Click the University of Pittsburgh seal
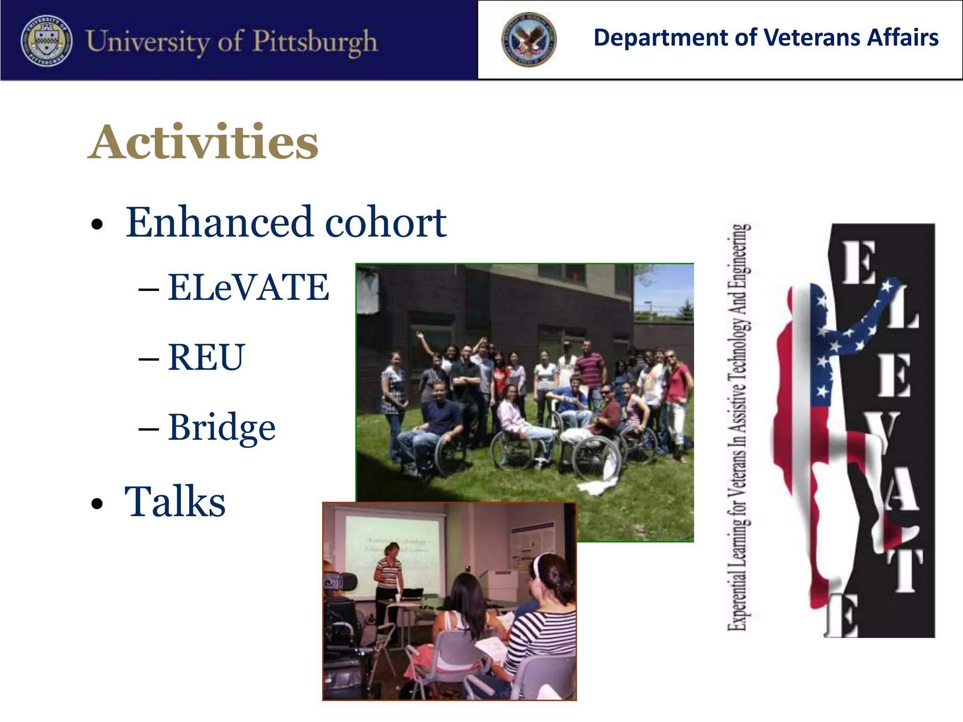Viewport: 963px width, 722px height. point(47,40)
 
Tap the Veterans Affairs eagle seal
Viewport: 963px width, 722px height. point(529,39)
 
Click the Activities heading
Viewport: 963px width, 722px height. point(203,142)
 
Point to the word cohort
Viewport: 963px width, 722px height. point(386,222)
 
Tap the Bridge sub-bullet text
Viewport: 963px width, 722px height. point(221,428)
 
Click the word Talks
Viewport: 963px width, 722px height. point(175,502)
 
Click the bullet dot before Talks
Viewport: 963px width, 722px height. point(97,504)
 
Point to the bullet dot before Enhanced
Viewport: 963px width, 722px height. point(97,224)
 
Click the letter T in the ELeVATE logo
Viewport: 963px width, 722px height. point(904,571)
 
